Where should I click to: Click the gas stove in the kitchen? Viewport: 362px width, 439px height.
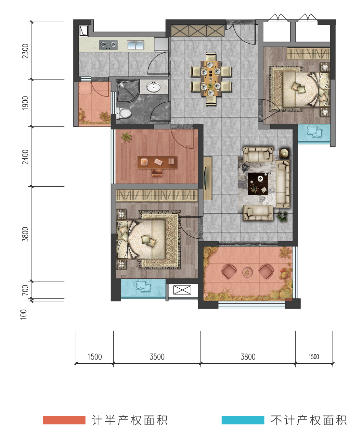(x=108, y=45)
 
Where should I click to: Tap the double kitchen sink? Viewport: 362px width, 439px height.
(x=135, y=45)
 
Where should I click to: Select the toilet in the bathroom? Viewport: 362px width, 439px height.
(x=124, y=113)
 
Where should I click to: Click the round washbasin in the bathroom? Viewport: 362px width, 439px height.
(x=153, y=87)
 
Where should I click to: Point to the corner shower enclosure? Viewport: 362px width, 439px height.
(x=127, y=91)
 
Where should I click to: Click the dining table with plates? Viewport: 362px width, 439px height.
(x=211, y=78)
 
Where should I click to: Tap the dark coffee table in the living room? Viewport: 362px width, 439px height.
(x=258, y=184)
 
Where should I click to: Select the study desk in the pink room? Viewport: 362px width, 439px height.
(x=157, y=162)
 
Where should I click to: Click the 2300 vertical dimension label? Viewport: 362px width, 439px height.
(x=25, y=51)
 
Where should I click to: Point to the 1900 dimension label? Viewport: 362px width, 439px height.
(x=25, y=103)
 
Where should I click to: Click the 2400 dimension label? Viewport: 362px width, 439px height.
(x=25, y=157)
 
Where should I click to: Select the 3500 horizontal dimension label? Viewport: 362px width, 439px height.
(x=157, y=357)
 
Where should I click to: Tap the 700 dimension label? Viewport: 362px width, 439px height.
(x=25, y=290)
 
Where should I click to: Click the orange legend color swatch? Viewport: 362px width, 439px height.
(x=64, y=420)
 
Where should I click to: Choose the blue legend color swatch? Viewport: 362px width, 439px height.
(x=243, y=420)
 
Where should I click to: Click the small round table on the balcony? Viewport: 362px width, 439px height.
(x=247, y=272)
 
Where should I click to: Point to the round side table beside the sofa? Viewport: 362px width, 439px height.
(x=284, y=153)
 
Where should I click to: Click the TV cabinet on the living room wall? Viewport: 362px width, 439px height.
(x=208, y=178)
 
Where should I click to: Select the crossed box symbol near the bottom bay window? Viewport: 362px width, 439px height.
(x=182, y=290)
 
